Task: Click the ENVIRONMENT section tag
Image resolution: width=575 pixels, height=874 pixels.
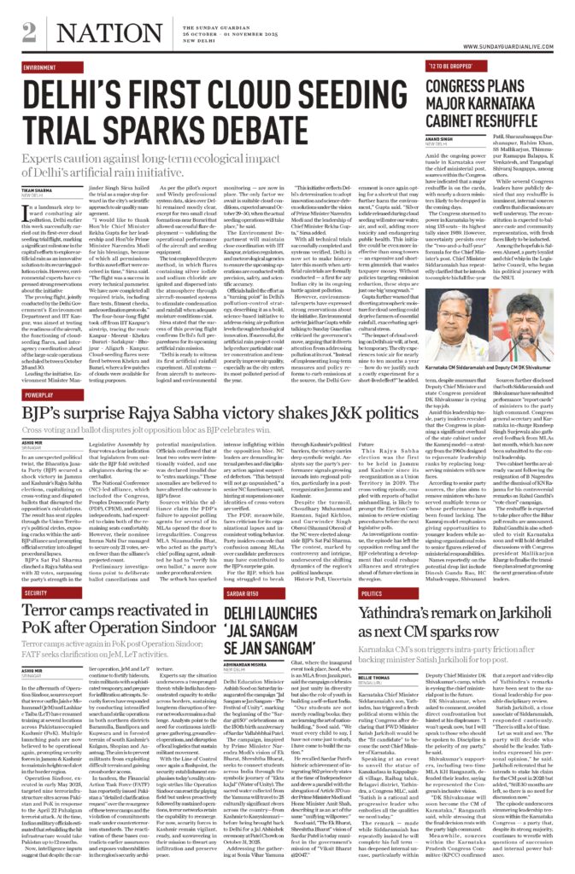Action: (42, 67)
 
